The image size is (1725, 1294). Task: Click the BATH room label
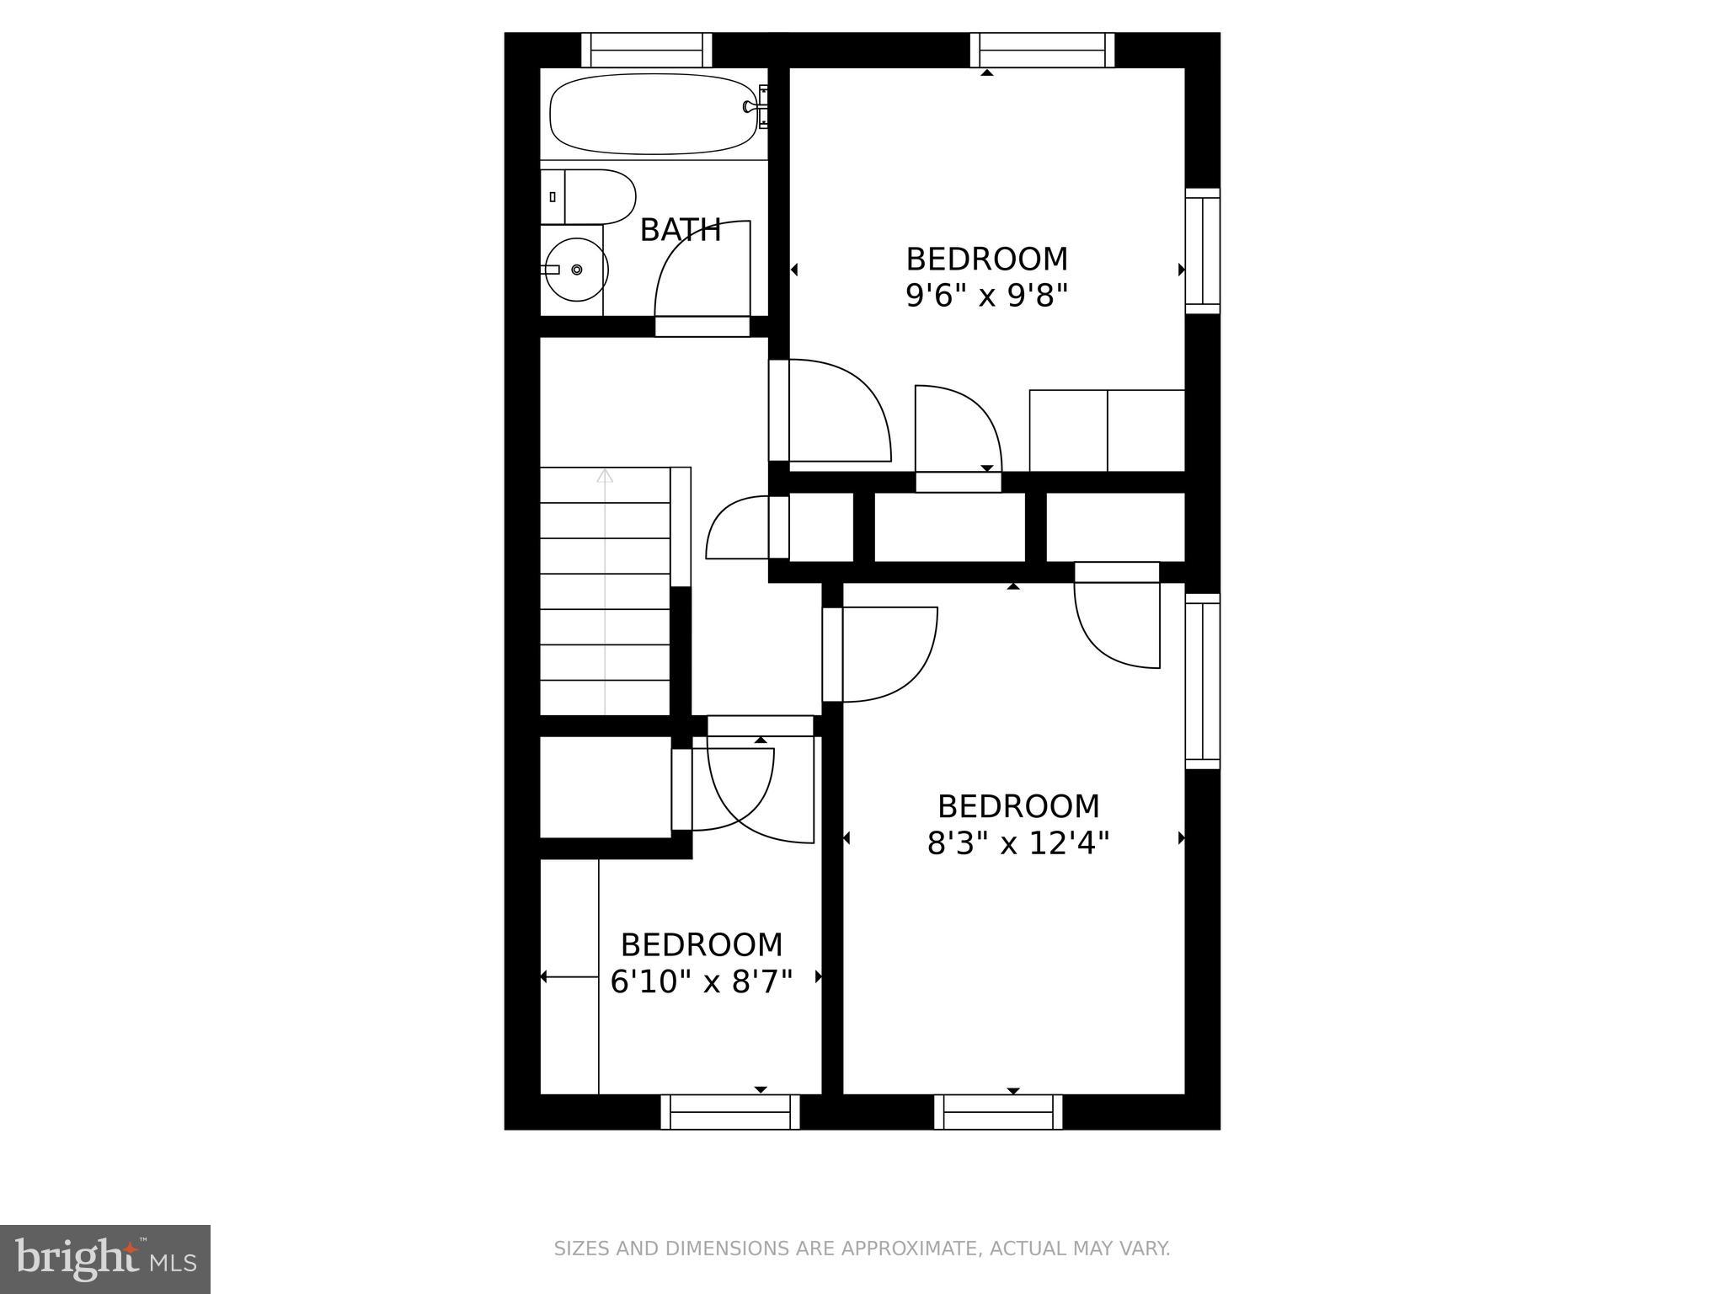click(681, 230)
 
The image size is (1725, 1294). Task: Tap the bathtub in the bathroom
click(651, 114)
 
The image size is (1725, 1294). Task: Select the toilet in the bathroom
click(590, 196)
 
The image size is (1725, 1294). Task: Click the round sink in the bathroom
click(574, 270)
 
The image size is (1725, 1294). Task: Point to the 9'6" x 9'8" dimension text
click(986, 296)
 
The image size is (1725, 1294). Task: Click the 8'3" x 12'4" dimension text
click(1017, 843)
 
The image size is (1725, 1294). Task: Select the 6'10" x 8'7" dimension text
click(702, 982)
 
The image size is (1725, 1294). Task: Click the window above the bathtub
click(647, 50)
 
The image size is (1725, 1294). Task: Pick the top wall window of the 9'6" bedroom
click(1042, 50)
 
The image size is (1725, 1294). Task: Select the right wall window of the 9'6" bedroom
click(1203, 250)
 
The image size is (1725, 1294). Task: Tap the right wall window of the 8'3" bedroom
click(1203, 681)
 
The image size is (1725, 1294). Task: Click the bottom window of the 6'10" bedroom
click(730, 1112)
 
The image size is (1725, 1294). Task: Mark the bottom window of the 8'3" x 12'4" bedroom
click(998, 1112)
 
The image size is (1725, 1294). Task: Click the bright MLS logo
click(104, 1259)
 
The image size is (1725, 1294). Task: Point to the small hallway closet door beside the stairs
click(738, 529)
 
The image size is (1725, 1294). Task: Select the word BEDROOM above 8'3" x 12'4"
click(1018, 806)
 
